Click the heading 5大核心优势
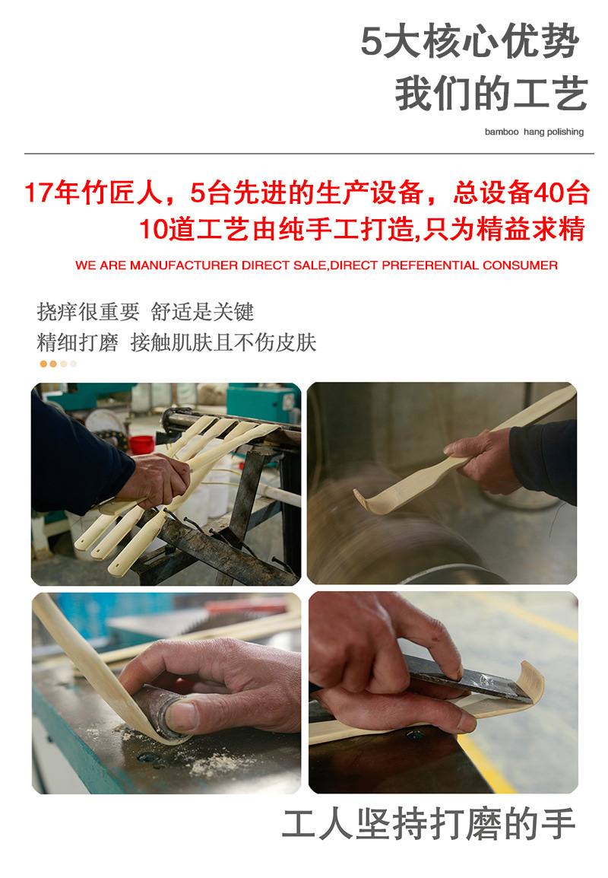pos(469,42)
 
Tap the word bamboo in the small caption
pos(501,132)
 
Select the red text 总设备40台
pos(521,193)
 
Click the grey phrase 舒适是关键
pos(202,312)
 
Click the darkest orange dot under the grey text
pos(44,364)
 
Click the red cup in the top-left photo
pos(141,444)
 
